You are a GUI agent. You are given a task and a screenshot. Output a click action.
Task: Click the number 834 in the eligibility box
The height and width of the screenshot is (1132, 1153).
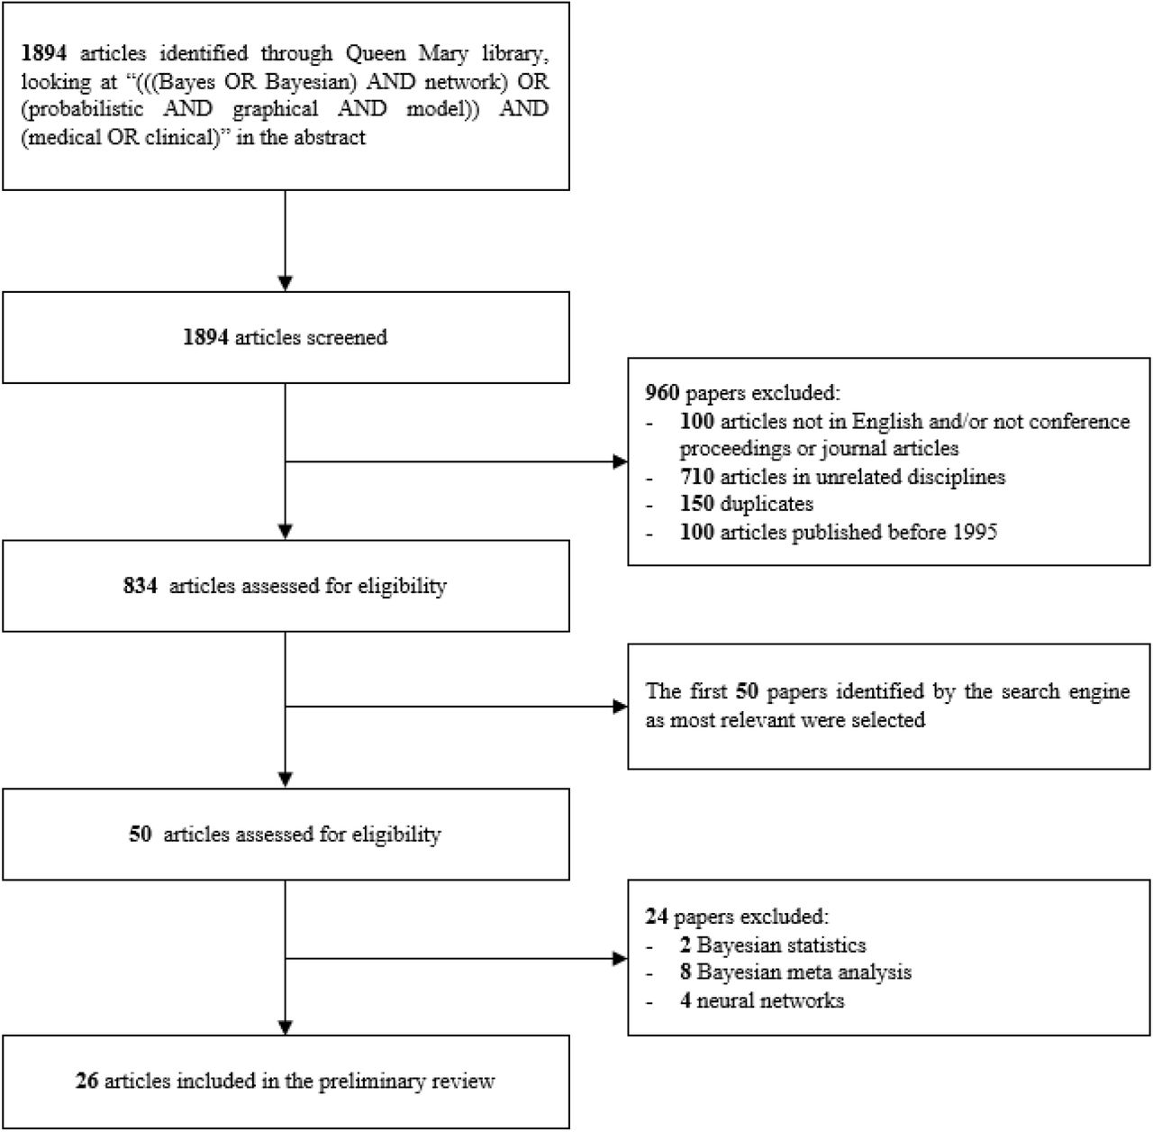click(x=141, y=585)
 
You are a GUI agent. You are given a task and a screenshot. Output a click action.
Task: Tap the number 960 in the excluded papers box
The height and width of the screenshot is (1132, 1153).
click(x=662, y=393)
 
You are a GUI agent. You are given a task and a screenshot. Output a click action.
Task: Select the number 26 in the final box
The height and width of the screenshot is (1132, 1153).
click(x=86, y=1082)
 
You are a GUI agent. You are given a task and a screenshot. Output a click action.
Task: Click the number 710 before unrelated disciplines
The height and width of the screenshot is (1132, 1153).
click(x=697, y=477)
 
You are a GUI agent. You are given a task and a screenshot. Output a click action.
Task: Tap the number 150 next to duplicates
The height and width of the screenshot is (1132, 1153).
click(x=697, y=504)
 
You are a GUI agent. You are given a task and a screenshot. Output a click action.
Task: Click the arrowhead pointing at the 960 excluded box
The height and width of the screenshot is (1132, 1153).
click(x=621, y=461)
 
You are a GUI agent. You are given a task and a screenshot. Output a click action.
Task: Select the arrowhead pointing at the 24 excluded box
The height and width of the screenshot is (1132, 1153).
click(x=621, y=959)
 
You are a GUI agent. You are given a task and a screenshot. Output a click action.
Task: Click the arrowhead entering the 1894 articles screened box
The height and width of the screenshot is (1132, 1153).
click(x=286, y=283)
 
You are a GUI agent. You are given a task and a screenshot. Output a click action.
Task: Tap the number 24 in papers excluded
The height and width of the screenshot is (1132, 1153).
click(x=657, y=917)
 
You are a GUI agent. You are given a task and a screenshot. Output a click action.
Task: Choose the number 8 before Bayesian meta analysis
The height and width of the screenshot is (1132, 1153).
click(x=685, y=972)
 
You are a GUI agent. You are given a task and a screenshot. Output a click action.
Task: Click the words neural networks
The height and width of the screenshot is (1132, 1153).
click(x=771, y=1000)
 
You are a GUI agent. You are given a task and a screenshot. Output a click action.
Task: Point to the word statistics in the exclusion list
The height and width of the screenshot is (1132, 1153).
click(x=826, y=945)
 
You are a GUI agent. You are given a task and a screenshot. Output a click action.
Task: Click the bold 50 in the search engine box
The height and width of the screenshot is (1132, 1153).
click(x=747, y=691)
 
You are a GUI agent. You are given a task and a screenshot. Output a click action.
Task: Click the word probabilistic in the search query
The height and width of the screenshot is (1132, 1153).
click(x=83, y=109)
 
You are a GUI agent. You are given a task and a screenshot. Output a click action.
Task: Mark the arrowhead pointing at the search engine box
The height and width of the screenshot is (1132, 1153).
click(x=621, y=707)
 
